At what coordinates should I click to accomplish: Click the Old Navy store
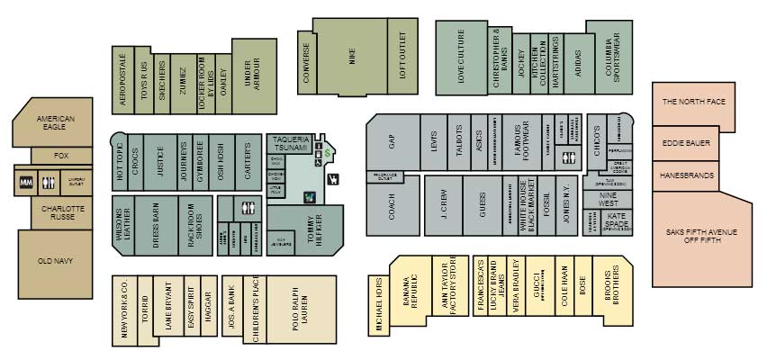56,262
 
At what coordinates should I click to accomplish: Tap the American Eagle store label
56,123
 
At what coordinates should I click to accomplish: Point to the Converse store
308,63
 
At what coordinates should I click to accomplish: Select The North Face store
693,103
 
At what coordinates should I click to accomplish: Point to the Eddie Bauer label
686,143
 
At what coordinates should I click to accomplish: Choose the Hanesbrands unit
686,175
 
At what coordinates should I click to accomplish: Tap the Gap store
393,142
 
